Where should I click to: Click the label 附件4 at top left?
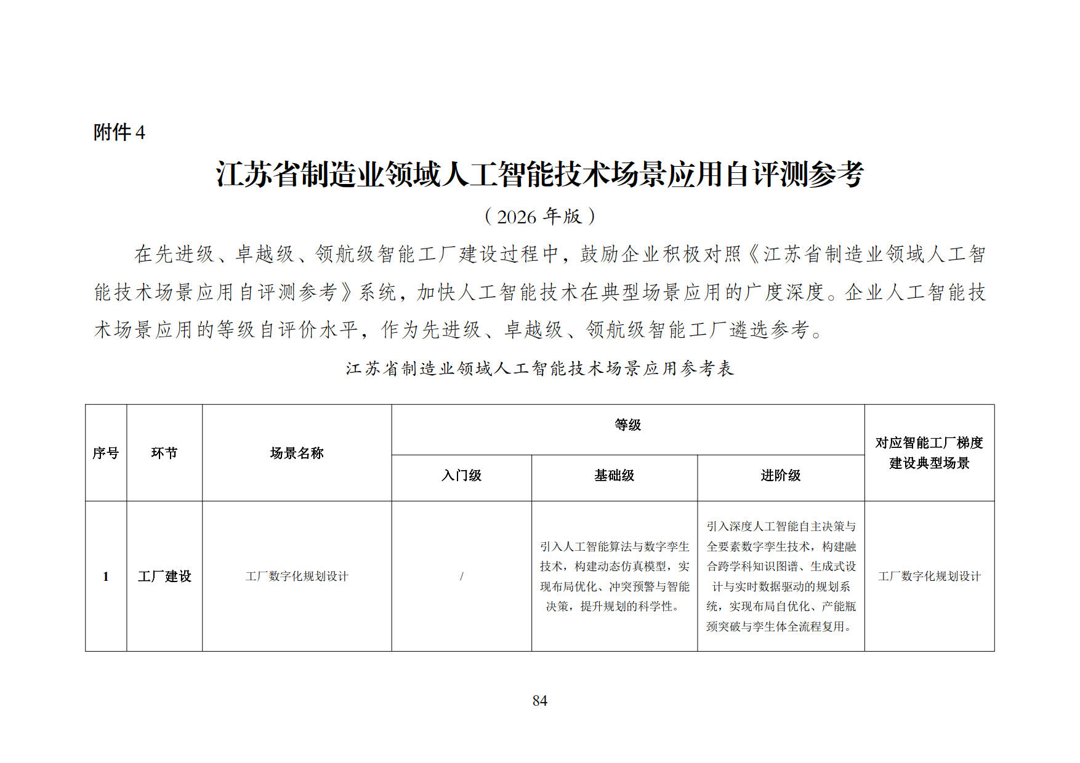coord(119,132)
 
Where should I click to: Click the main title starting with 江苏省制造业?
coord(539,174)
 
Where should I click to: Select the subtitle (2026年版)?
coord(539,216)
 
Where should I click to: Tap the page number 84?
coord(539,700)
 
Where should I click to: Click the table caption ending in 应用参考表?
coord(539,369)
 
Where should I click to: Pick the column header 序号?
coord(105,453)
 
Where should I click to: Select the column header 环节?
coord(164,453)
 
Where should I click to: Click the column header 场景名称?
coord(296,453)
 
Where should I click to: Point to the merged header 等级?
coord(627,425)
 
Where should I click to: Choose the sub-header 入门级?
coord(461,475)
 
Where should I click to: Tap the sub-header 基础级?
coord(614,475)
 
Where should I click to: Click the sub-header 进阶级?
coord(780,475)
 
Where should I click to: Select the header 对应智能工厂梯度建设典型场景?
coord(929,453)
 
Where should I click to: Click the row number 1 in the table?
coord(105,577)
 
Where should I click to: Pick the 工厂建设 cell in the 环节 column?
coord(164,577)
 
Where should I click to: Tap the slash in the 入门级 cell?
coord(461,577)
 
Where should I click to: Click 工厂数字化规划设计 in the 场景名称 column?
coord(296,577)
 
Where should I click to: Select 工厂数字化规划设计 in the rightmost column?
coord(929,577)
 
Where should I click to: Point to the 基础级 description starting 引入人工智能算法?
coord(614,577)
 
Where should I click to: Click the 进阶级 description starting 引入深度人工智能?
coord(780,577)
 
